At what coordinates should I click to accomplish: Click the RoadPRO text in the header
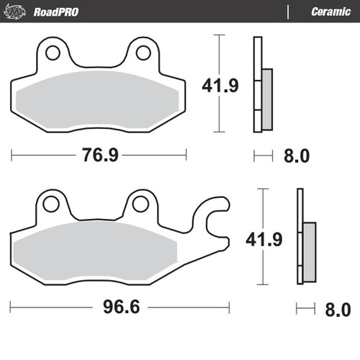pyautogui.click(x=56, y=12)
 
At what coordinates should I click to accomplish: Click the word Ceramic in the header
pyautogui.click(x=330, y=12)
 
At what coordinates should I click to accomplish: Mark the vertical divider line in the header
pyautogui.click(x=288, y=12)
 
